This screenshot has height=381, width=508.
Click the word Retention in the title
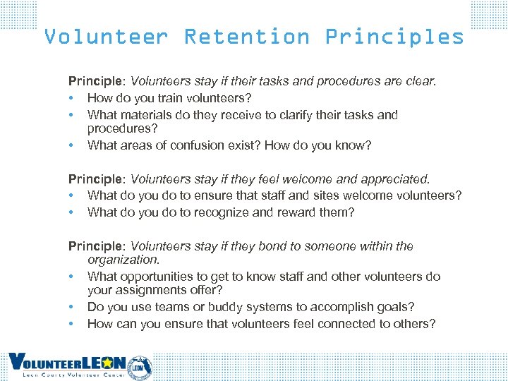[x=246, y=37]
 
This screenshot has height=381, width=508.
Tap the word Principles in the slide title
[x=394, y=37]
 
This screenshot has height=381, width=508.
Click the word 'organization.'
[x=123, y=260]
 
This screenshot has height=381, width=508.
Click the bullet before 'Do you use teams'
[x=71, y=308]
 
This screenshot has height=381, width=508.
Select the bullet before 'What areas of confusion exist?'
[x=71, y=146]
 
